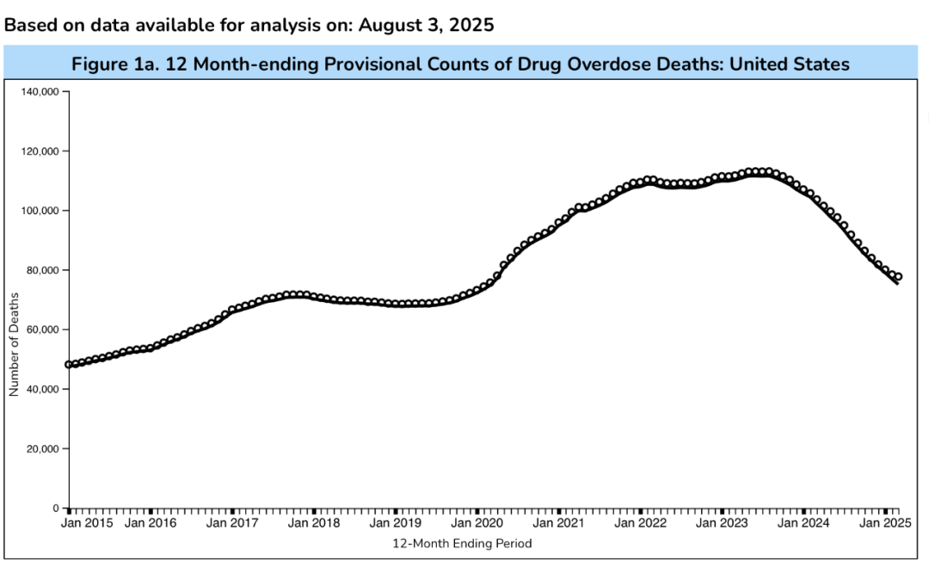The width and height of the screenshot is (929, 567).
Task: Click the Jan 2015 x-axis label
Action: pyautogui.click(x=89, y=522)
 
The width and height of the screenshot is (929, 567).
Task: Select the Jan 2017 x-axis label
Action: pyautogui.click(x=232, y=522)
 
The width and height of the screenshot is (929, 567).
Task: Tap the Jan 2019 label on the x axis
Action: pyautogui.click(x=395, y=522)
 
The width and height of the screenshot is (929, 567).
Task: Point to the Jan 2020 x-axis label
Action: pyautogui.click(x=477, y=522)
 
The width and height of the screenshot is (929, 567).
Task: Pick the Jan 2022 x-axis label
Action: pyautogui.click(x=641, y=522)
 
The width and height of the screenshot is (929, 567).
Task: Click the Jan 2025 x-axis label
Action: pyautogui.click(x=885, y=522)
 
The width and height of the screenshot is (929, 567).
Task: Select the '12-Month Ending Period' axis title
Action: pyautogui.click(x=462, y=544)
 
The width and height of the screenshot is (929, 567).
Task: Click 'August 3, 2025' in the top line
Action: pyautogui.click(x=426, y=25)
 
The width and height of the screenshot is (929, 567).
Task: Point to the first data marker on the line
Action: pyautogui.click(x=69, y=364)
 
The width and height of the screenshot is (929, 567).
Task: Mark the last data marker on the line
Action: pyautogui.click(x=898, y=277)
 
